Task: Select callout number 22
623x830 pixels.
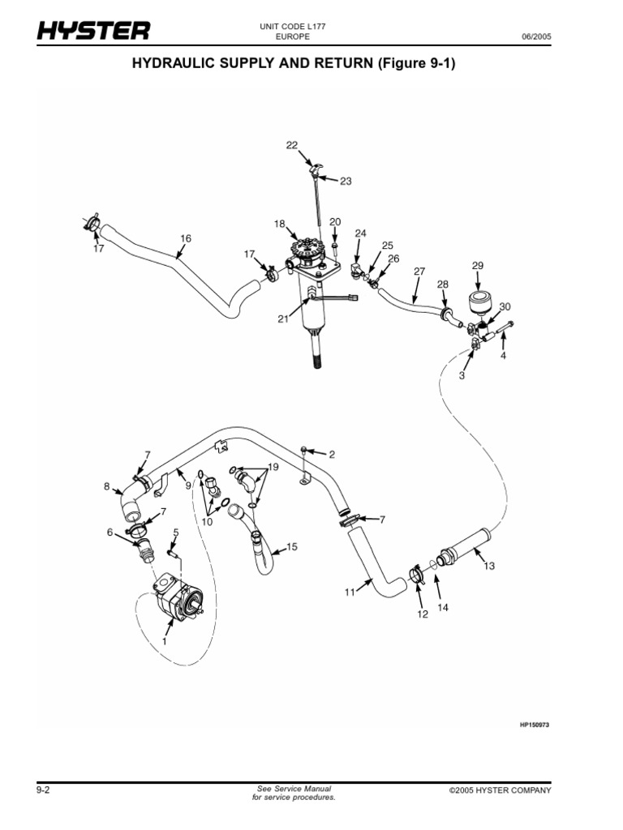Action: click(292, 145)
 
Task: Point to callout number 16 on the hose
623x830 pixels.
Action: click(186, 238)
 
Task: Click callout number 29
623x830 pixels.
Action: click(477, 266)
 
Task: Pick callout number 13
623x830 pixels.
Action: click(488, 566)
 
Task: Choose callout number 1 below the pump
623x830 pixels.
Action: click(165, 640)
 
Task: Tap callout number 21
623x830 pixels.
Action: click(283, 319)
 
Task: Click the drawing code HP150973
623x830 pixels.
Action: click(534, 725)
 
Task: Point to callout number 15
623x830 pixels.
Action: click(292, 547)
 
